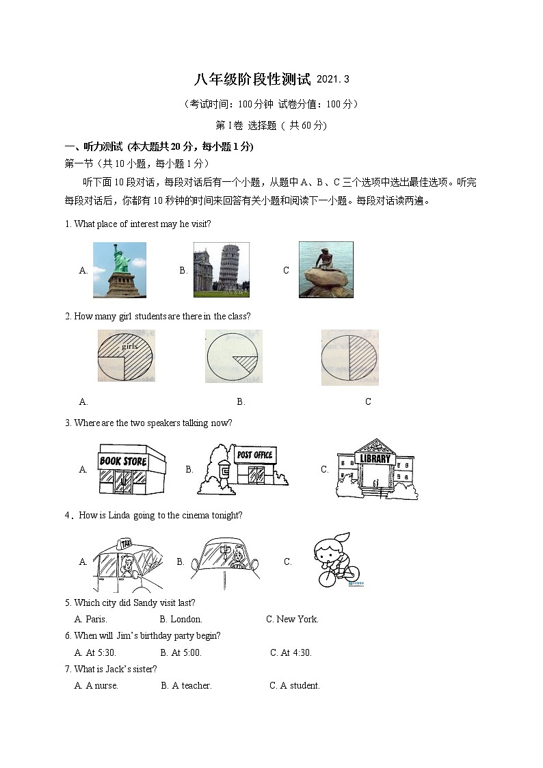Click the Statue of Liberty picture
pos(120,270)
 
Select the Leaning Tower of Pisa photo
pos(221,270)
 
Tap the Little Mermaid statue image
pos(326,269)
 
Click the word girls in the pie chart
pos(130,346)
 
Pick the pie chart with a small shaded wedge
pos(233,356)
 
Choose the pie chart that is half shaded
pos(349,357)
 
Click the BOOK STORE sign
pos(123,461)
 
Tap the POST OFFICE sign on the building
pos(254,455)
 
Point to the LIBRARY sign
pos(375,458)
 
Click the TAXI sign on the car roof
pos(125,543)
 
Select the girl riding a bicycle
pos(335,561)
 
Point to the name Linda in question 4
pos(120,515)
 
